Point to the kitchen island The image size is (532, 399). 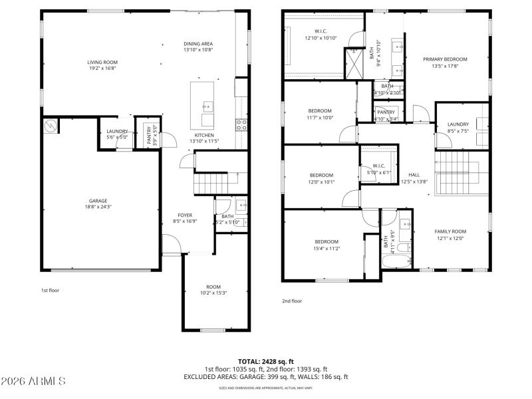[203, 104]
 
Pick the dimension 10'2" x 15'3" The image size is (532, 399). [213, 293]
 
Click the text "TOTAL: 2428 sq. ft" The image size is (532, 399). [265, 361]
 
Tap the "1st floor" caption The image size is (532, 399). [50, 290]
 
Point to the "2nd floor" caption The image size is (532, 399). [291, 301]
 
